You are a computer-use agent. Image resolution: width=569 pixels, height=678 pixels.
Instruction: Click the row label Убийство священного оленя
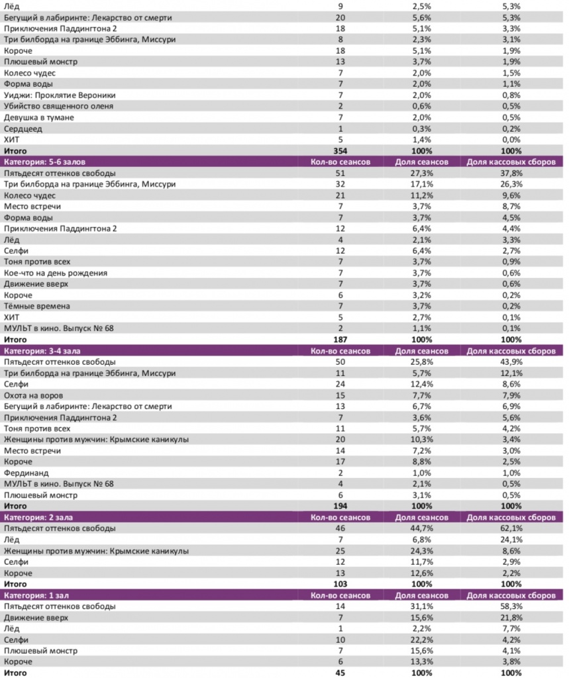point(58,106)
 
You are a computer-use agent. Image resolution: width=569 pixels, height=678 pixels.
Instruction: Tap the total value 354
point(340,151)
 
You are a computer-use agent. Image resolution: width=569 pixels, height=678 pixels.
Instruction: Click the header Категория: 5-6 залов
point(44,162)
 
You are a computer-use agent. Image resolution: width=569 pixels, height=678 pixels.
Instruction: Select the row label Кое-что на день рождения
point(56,273)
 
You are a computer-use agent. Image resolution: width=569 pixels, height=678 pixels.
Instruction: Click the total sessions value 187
point(340,340)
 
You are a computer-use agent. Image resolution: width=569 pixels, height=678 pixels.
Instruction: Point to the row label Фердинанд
point(25,473)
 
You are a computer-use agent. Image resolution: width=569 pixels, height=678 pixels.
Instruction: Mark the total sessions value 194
point(340,507)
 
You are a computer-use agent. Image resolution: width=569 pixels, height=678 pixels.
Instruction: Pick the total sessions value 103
point(340,584)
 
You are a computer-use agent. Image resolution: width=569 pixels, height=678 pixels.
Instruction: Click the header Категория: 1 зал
point(36,595)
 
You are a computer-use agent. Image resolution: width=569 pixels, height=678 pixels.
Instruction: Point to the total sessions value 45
point(340,673)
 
